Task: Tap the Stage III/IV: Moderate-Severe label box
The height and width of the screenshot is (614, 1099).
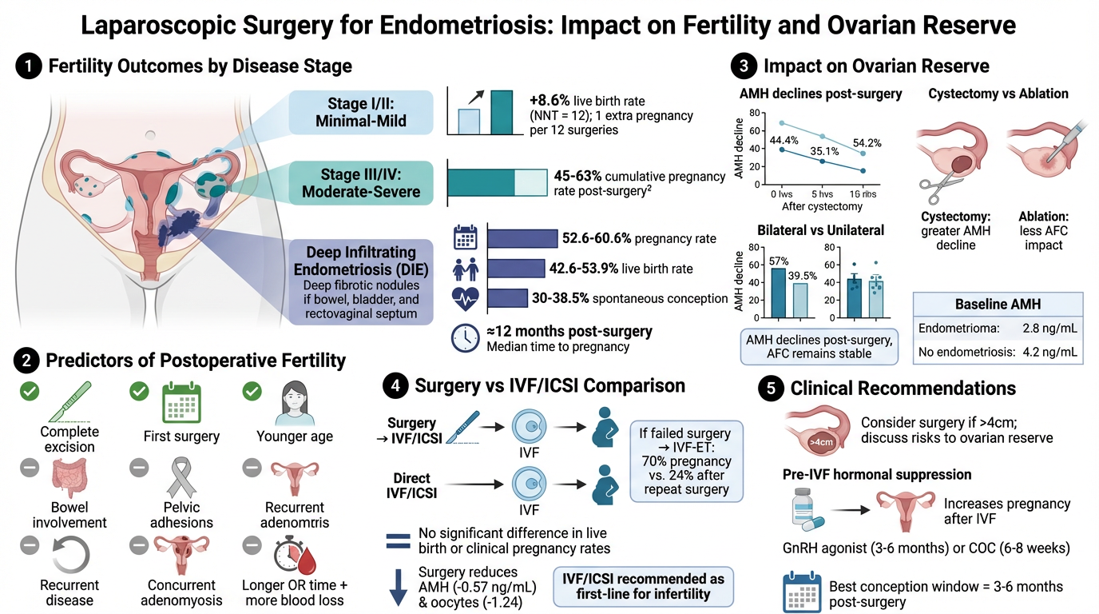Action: click(x=360, y=182)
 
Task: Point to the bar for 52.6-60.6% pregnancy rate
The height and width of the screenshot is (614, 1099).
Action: click(x=522, y=238)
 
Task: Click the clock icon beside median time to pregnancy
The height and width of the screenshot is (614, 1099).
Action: click(x=465, y=338)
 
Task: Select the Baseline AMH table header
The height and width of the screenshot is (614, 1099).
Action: click(x=998, y=305)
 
